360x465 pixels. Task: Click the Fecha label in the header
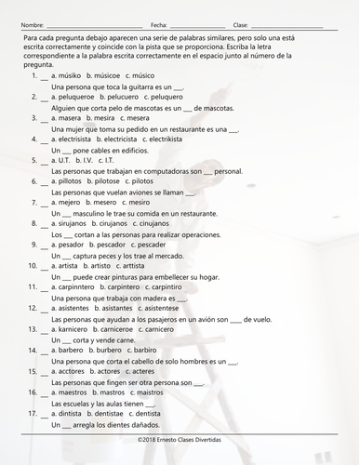click(x=158, y=24)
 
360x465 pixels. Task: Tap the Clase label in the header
click(x=239, y=24)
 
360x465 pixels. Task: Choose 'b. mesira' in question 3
click(x=104, y=119)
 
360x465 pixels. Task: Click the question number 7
click(x=34, y=203)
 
